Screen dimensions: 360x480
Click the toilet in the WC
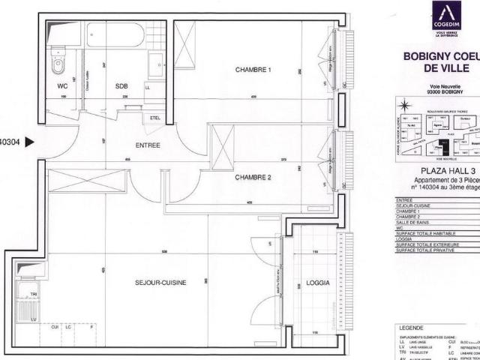pos(58,66)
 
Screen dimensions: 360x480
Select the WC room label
pos(63,86)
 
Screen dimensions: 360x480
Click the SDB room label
pos(121,86)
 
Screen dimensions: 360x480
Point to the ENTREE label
pos(148,145)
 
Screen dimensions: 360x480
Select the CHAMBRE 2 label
pos(253,178)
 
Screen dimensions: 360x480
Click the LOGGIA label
pos(307,286)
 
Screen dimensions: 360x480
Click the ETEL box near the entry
pos(156,118)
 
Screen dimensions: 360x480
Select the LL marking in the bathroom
pos(147,88)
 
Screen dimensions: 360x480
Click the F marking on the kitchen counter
pos(91,328)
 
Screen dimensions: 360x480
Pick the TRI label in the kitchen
pos(34,295)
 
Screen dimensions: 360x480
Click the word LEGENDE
pos(413,328)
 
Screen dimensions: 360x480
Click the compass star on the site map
pos(403,106)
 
